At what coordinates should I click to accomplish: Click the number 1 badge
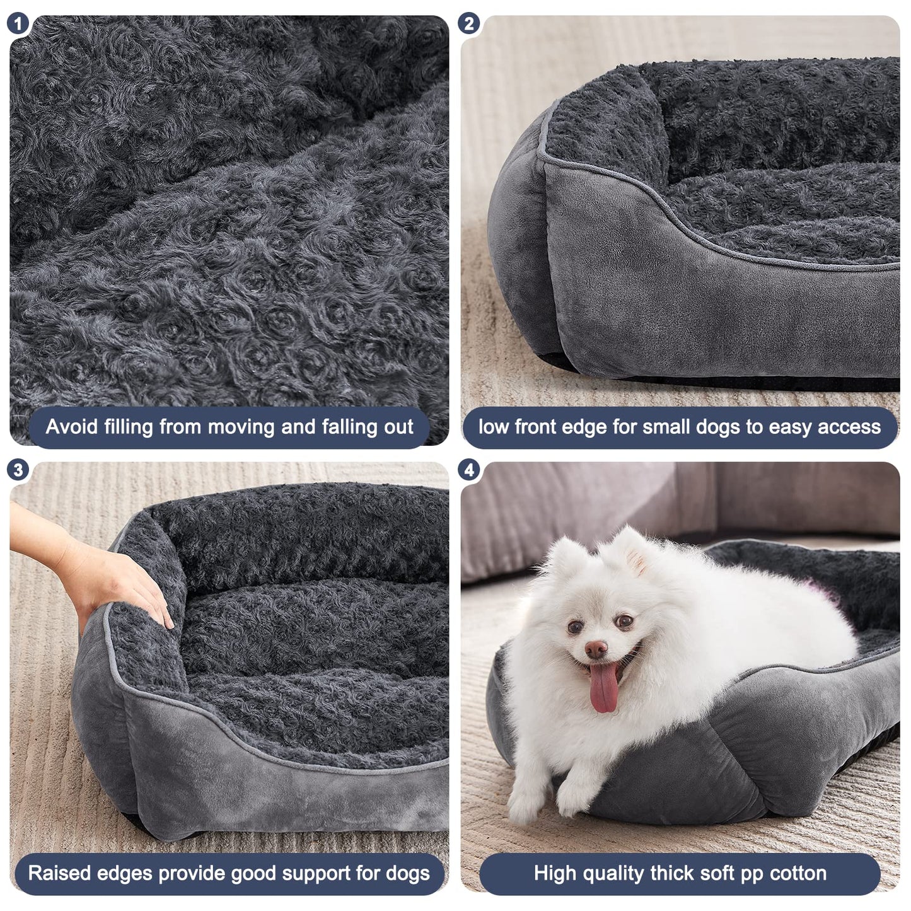(x=18, y=24)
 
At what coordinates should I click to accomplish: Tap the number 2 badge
(x=469, y=24)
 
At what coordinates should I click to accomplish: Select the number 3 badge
(x=18, y=470)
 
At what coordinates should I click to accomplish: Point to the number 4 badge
(x=469, y=470)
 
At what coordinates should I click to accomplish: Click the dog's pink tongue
(x=604, y=690)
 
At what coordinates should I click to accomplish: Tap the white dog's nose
(x=596, y=649)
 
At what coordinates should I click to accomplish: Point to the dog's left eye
(x=624, y=622)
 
